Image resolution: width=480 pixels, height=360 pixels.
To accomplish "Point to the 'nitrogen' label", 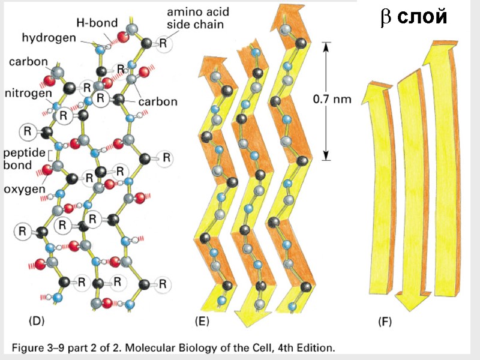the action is [27, 93].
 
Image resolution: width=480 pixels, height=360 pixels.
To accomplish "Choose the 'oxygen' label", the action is [25, 189].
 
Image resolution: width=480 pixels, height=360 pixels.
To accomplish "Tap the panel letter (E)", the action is [202, 322].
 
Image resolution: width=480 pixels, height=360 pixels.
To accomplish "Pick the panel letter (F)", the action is [385, 322].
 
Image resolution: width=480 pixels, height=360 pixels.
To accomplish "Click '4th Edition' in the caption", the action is [307, 347].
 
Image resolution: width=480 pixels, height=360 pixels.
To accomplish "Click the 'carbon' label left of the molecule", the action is [25, 62].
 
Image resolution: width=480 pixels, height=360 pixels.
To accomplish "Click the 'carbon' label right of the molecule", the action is [158, 101].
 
